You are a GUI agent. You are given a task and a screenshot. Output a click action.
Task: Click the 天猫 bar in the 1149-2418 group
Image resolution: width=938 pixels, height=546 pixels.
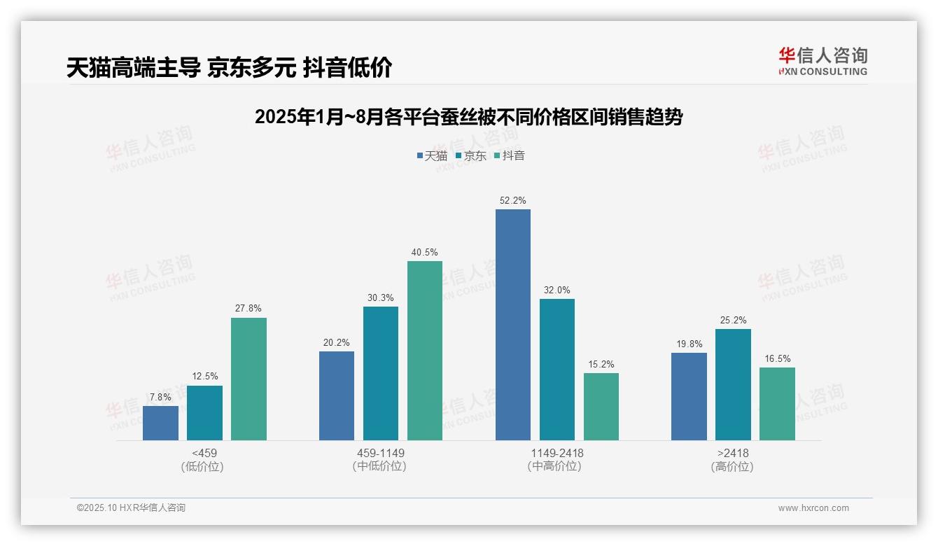coord(512,325)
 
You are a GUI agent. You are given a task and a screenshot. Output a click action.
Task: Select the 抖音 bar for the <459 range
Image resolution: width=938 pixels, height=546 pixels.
coord(248,379)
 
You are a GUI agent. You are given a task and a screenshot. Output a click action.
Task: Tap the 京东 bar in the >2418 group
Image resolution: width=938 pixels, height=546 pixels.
coord(733,384)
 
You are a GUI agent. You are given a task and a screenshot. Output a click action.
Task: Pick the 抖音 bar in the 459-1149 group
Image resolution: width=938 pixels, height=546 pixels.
coord(425,351)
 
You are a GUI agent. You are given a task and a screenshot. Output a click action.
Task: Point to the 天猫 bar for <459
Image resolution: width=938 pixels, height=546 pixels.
coord(160,423)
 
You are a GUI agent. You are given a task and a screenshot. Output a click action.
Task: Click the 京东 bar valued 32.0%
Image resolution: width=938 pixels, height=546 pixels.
coord(556,370)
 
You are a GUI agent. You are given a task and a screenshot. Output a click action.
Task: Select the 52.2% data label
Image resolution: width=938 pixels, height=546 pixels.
coord(512,201)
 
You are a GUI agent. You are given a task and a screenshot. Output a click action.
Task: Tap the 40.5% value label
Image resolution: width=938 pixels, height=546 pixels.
coord(425,253)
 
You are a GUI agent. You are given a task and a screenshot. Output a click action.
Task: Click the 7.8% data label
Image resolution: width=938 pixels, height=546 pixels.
coord(160,398)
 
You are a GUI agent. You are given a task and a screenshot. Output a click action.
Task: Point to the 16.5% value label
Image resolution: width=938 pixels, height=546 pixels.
coord(777,359)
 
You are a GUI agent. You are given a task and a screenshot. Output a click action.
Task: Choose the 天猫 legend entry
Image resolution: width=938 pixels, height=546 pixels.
coord(432,156)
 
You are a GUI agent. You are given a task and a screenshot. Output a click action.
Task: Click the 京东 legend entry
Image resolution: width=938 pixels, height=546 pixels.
coord(470,156)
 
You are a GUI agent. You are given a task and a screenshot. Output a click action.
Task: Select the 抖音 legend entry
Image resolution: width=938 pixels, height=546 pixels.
coord(509,156)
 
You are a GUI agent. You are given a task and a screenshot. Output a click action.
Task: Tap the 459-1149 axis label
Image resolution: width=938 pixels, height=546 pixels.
coord(380,453)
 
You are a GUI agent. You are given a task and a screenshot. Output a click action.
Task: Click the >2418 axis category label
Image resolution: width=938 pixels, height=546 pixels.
coord(732,453)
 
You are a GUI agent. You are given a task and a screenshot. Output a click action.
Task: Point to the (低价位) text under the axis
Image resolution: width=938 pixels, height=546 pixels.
coord(204,466)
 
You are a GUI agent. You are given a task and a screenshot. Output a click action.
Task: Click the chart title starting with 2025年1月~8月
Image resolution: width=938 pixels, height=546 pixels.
coord(468,117)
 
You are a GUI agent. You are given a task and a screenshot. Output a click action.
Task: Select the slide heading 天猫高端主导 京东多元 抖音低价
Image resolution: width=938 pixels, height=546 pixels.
coord(229,67)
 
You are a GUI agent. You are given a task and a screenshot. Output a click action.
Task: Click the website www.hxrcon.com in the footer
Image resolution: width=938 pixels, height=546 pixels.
coord(813,508)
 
